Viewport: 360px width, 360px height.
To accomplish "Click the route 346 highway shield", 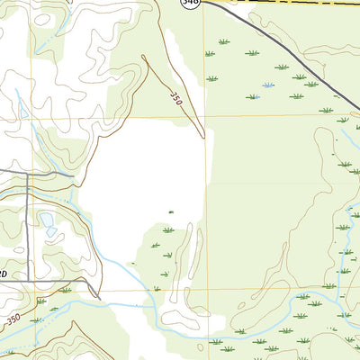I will point(189,3).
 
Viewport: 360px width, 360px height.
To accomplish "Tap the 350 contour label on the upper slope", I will point(175,97).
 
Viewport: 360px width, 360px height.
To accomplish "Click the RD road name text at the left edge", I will point(4,274).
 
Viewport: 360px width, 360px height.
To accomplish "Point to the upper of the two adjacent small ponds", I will point(45,220).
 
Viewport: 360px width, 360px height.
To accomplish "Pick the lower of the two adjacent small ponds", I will point(51,231).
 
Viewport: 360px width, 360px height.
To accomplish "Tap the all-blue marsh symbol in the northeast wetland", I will point(266,85).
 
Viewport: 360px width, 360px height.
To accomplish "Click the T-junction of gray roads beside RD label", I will point(28,279).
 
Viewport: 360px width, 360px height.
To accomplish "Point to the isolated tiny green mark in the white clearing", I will point(170,212).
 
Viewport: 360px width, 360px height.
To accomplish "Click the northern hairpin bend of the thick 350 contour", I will point(144,57).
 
